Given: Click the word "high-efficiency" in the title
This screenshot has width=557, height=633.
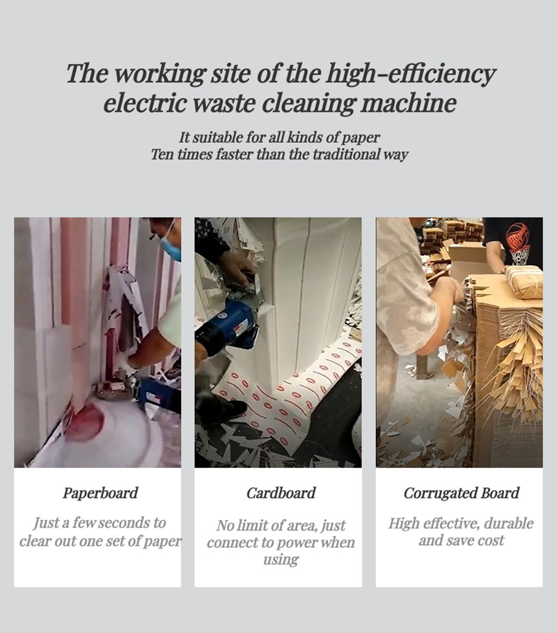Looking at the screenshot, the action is pos(410,73).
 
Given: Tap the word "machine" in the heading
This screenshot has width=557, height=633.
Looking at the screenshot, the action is pos(409,103).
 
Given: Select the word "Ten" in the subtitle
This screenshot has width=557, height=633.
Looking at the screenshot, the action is pos(161,154).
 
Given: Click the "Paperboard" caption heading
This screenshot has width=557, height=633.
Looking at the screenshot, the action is pos(100,493).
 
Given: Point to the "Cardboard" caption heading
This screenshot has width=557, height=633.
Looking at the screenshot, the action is pos(281,493).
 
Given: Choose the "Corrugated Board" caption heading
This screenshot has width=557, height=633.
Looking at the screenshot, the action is pos(462,493).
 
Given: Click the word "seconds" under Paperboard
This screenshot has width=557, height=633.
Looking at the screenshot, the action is pos(124,523).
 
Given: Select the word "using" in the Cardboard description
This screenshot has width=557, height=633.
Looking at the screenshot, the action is pos(281,560).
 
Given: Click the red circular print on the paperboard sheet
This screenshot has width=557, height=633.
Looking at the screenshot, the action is pos(85,421).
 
